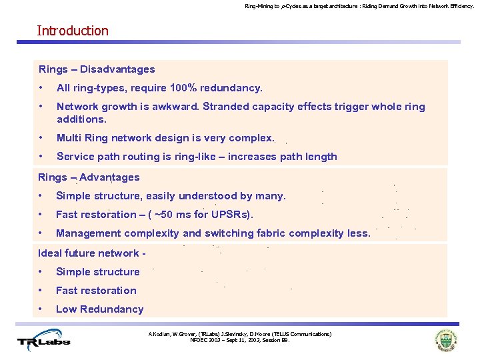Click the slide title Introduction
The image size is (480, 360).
pyautogui.click(x=73, y=31)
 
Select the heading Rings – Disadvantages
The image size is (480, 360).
pyautogui.click(x=97, y=69)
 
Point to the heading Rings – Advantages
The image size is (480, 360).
pyautogui.click(x=89, y=177)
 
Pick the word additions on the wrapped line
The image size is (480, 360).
pyautogui.click(x=81, y=119)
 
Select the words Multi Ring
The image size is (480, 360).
pyautogui.click(x=83, y=138)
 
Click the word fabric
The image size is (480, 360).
pyautogui.click(x=274, y=233)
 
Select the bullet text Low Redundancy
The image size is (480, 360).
pyautogui.click(x=99, y=309)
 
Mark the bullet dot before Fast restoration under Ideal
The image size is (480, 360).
pyautogui.click(x=41, y=291)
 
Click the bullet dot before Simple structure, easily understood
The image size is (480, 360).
pyautogui.click(x=41, y=196)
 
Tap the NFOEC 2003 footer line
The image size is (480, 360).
pyautogui.click(x=239, y=340)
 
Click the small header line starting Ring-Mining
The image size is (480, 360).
pyautogui.click(x=359, y=6)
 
